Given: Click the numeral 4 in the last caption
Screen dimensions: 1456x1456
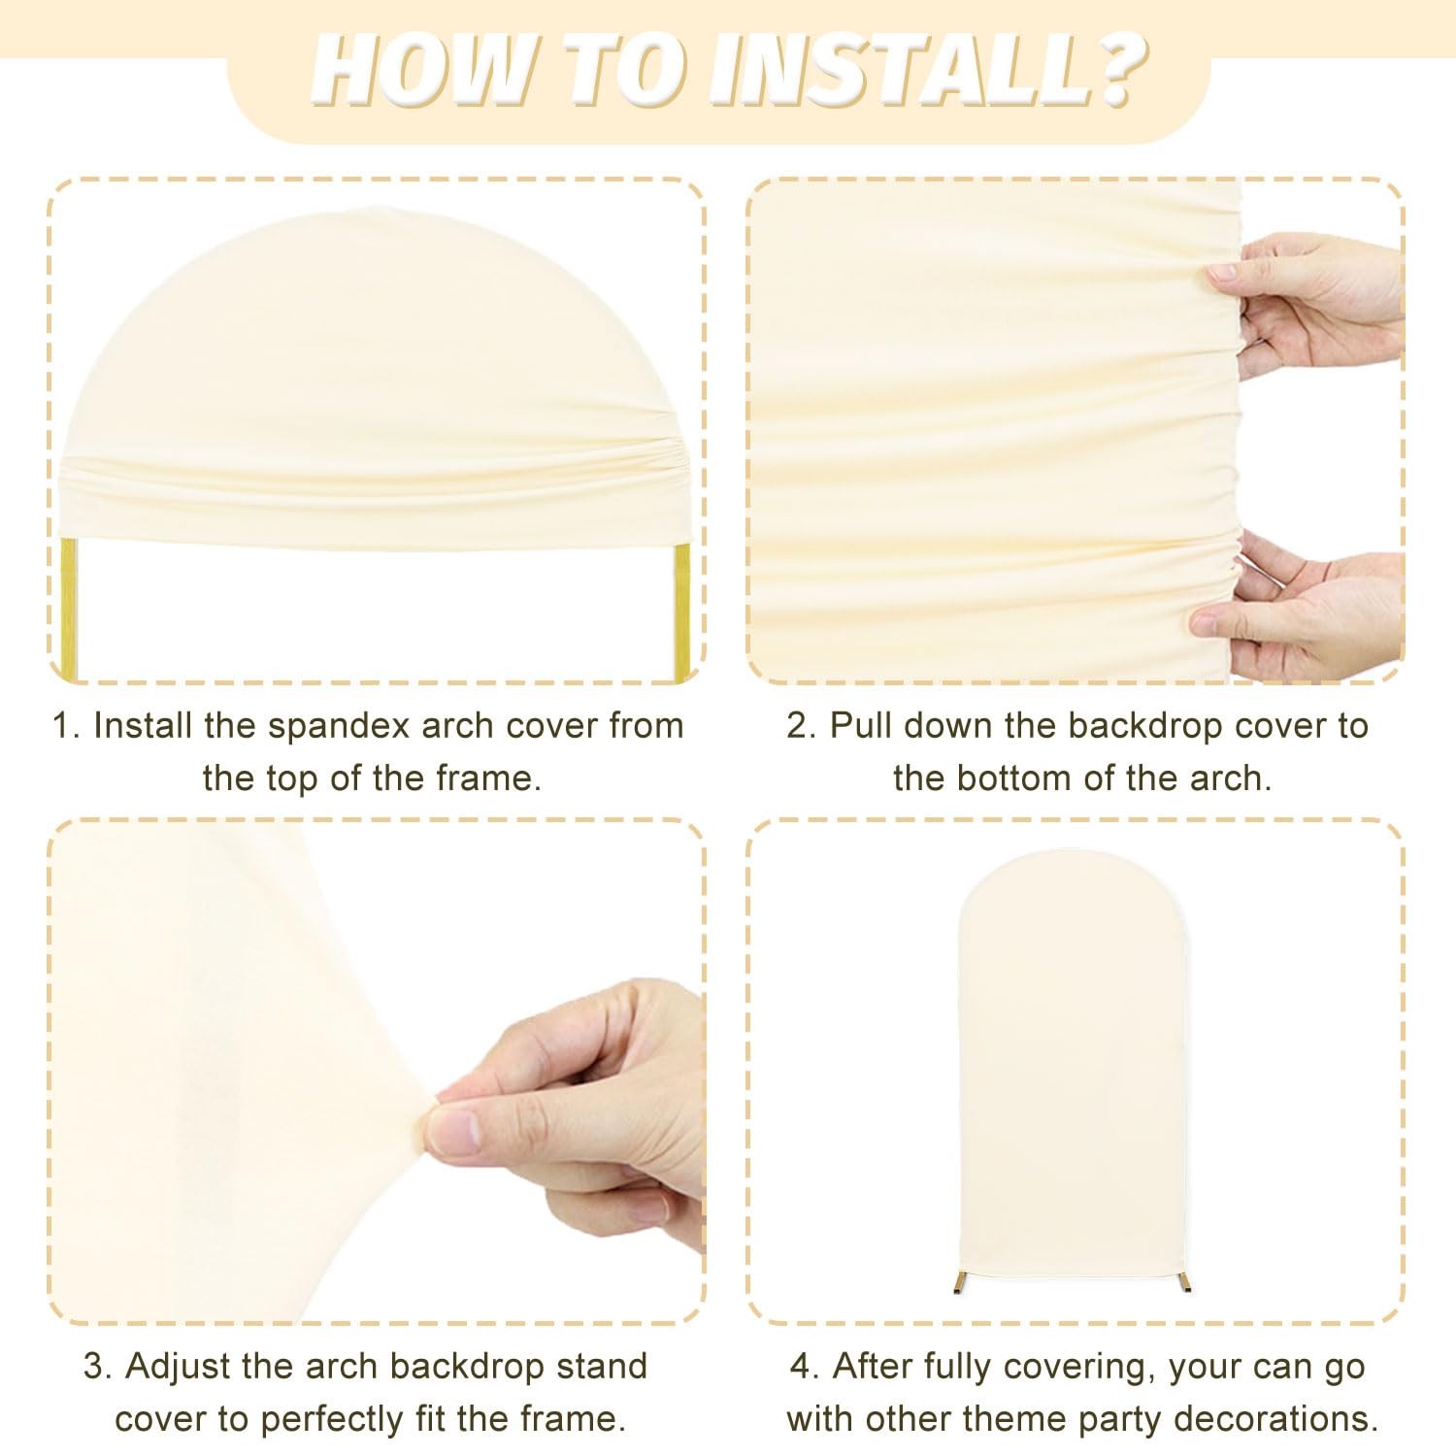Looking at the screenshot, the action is click(x=801, y=1367).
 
